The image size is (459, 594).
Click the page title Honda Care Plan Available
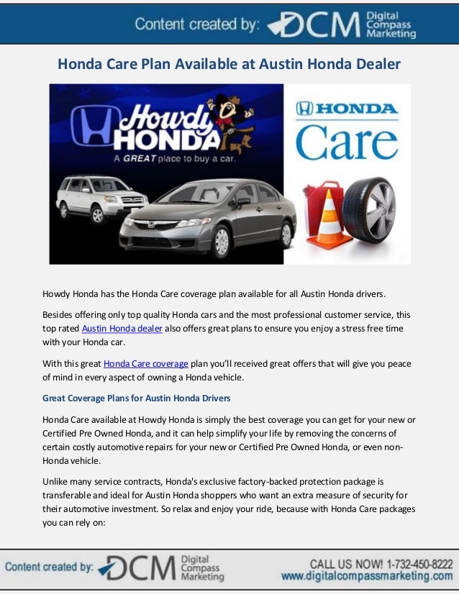(229, 64)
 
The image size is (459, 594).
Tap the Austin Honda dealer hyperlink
(122, 329)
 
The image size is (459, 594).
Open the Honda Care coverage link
(146, 364)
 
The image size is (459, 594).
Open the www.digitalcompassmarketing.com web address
(366, 576)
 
